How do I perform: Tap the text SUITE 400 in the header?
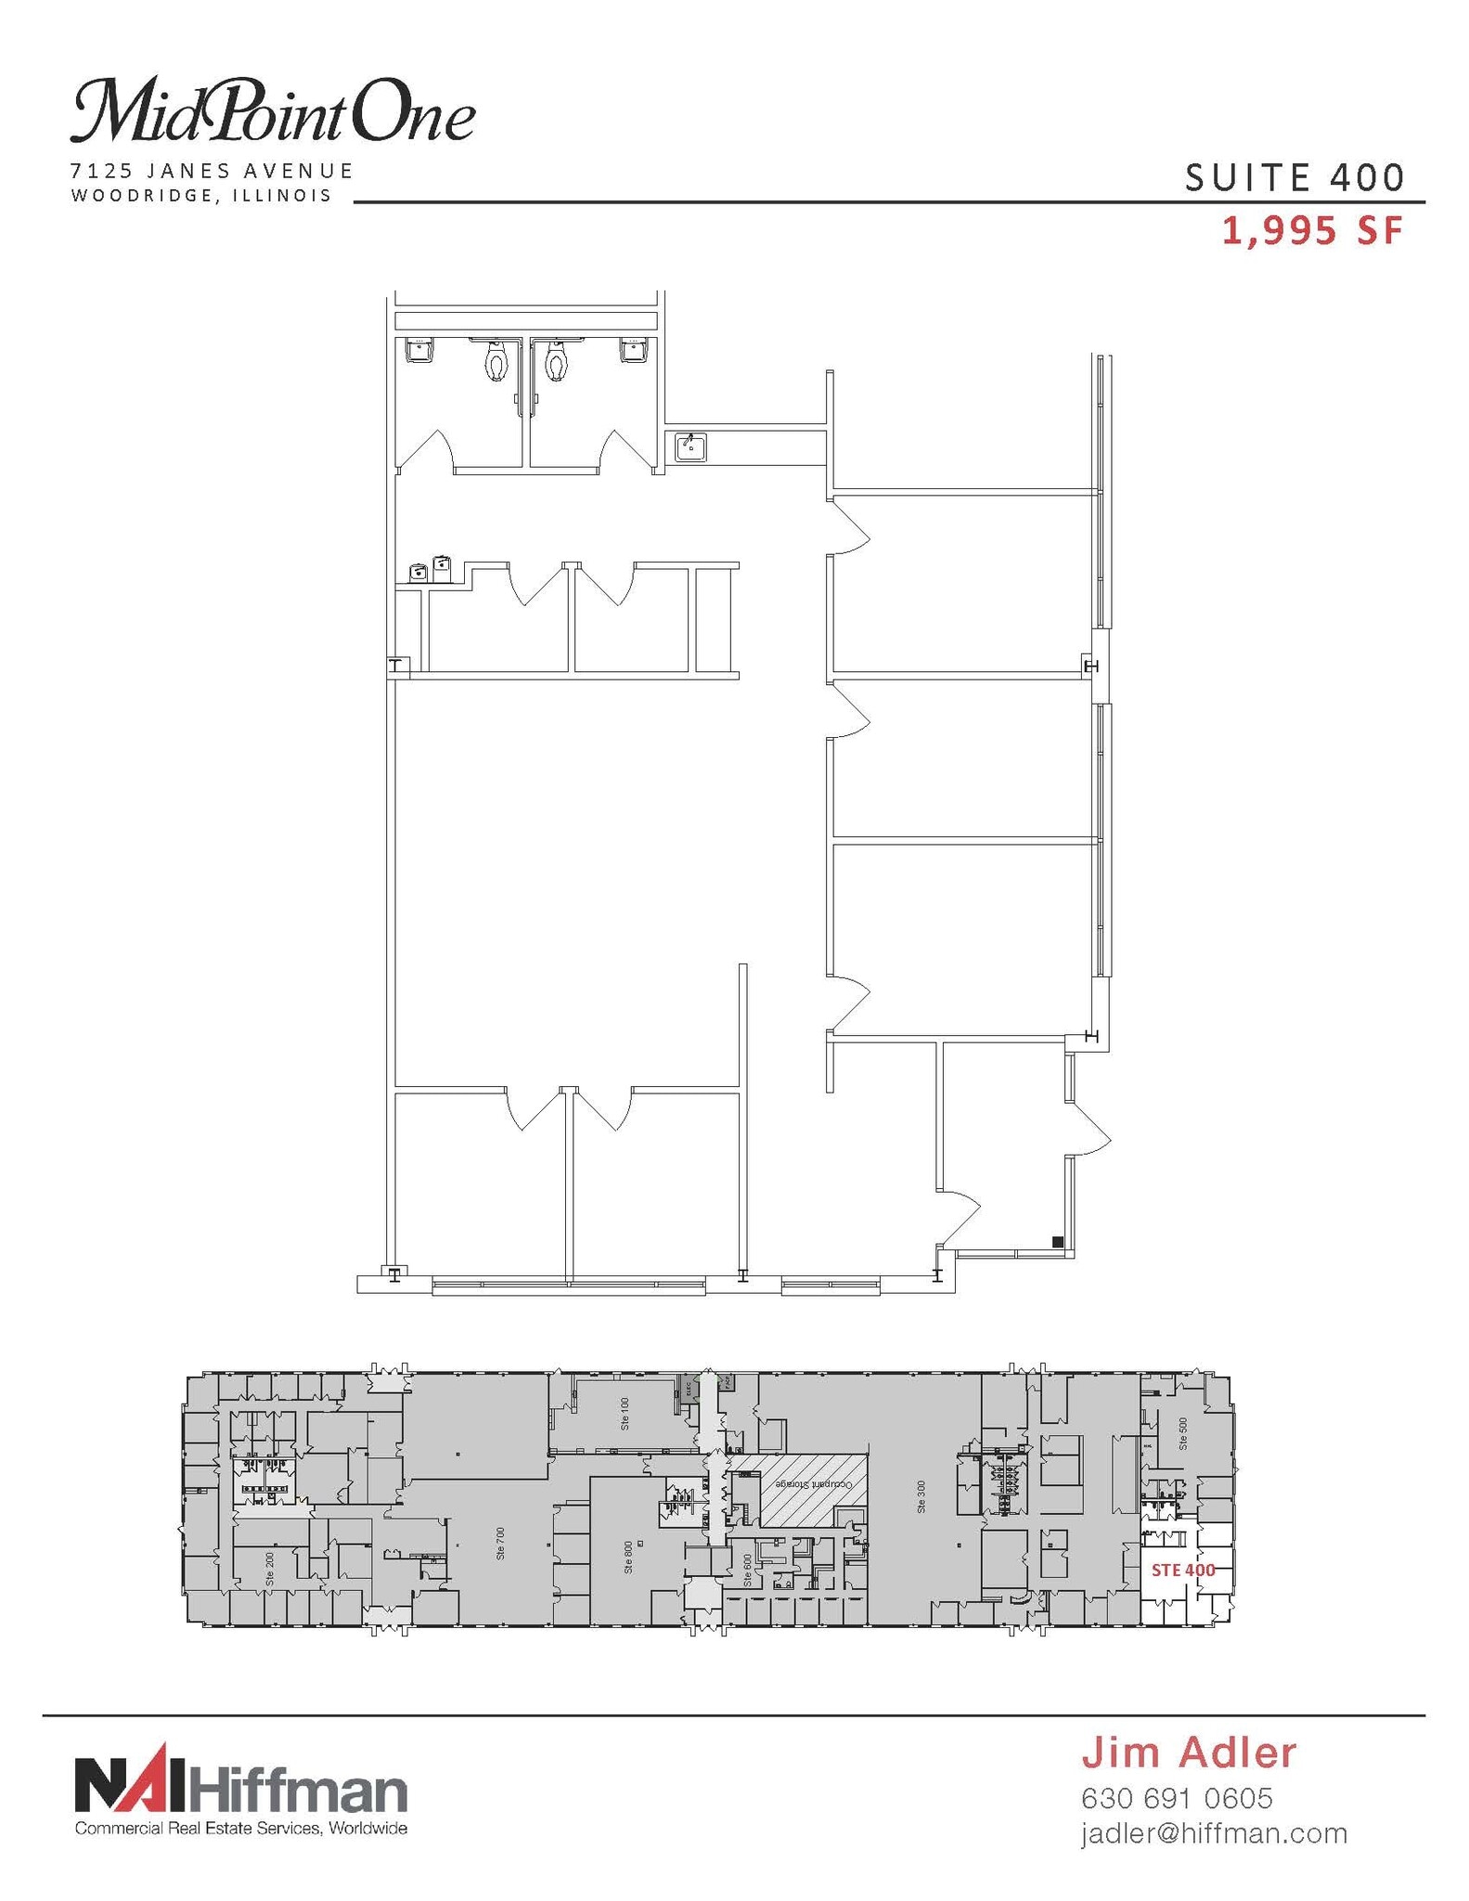pos(1295,177)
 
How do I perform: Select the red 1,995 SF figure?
pos(1311,231)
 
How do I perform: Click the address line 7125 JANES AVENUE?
pos(213,171)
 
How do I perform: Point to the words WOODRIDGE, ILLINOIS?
pos(201,196)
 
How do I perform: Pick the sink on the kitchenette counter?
pos(690,446)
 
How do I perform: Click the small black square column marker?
pos(1057,1241)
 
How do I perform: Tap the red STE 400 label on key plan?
pos(1183,1571)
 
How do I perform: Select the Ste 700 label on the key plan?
pos(501,1543)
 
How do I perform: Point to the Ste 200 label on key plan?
pos(270,1568)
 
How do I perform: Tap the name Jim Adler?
pos(1189,1752)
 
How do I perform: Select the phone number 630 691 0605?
pos(1177,1798)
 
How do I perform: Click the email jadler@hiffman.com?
pos(1214,1833)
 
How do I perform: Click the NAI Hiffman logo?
pos(240,1787)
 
